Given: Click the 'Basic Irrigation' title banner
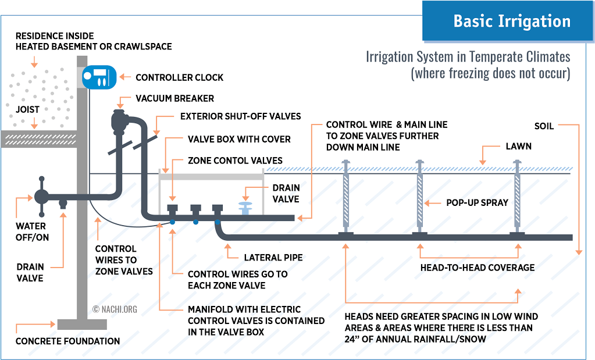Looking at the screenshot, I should pos(512,22).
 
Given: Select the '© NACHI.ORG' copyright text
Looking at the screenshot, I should pos(115,309).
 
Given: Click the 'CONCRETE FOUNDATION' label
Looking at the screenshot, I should pos(67,341).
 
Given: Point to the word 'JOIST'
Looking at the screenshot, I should pos(27,109).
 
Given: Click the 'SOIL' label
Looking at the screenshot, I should pos(544,126).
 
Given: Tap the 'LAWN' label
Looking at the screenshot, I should pos(518,146).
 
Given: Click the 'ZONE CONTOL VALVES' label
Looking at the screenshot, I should pos(235,161).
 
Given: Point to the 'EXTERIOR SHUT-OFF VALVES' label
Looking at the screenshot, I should pos(240,116).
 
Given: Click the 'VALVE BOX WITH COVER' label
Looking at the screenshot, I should pos(239,140).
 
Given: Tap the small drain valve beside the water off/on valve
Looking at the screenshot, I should pos(63,203).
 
